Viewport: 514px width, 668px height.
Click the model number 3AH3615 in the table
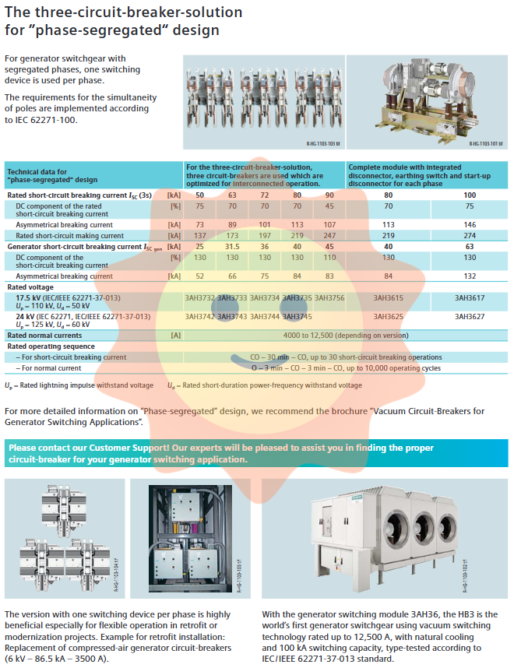pos(388,297)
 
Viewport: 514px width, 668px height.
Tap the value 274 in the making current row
pos(470,235)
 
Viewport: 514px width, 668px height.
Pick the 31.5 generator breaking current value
pos(232,247)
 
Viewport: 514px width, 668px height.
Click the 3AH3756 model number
pos(329,297)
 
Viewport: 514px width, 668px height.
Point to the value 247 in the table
pos(329,235)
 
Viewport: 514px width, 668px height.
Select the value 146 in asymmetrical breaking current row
pos(470,224)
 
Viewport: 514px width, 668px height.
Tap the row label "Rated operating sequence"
pos(51,346)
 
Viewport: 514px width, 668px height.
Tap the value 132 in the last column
pos(470,276)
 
